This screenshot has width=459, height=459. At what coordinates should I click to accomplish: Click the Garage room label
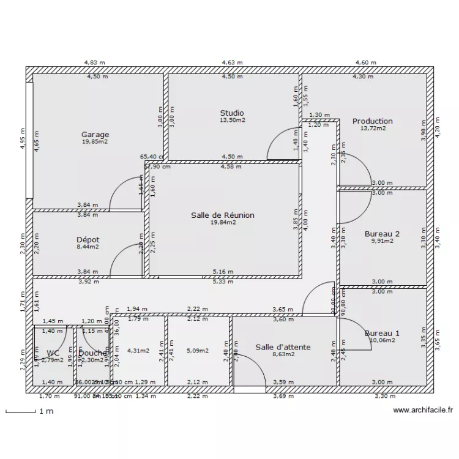click(95, 135)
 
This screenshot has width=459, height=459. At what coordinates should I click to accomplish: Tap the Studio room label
click(232, 113)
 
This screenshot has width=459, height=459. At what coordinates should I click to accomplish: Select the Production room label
click(372, 121)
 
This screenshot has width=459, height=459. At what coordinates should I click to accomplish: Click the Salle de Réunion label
click(222, 215)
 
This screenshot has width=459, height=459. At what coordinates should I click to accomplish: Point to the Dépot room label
click(88, 240)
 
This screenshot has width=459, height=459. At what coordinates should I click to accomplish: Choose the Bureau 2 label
click(382, 234)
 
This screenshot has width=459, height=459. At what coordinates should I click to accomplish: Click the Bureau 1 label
click(382, 334)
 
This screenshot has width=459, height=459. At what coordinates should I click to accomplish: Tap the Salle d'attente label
click(283, 347)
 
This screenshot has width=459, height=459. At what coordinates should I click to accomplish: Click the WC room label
click(53, 353)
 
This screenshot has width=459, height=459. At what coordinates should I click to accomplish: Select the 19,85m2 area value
click(95, 141)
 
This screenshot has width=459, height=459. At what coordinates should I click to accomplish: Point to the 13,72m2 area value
click(372, 129)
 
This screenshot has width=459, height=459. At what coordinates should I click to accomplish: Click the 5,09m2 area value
click(197, 351)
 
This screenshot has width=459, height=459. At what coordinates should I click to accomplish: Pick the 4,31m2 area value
click(138, 351)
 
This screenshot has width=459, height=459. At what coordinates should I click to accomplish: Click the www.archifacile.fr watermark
click(423, 411)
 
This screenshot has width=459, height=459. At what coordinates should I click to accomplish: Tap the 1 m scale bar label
click(47, 411)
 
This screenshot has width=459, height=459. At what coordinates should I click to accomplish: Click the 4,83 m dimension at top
click(94, 62)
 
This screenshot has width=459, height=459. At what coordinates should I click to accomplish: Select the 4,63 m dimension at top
click(232, 62)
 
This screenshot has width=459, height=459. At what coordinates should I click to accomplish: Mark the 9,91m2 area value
click(382, 241)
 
